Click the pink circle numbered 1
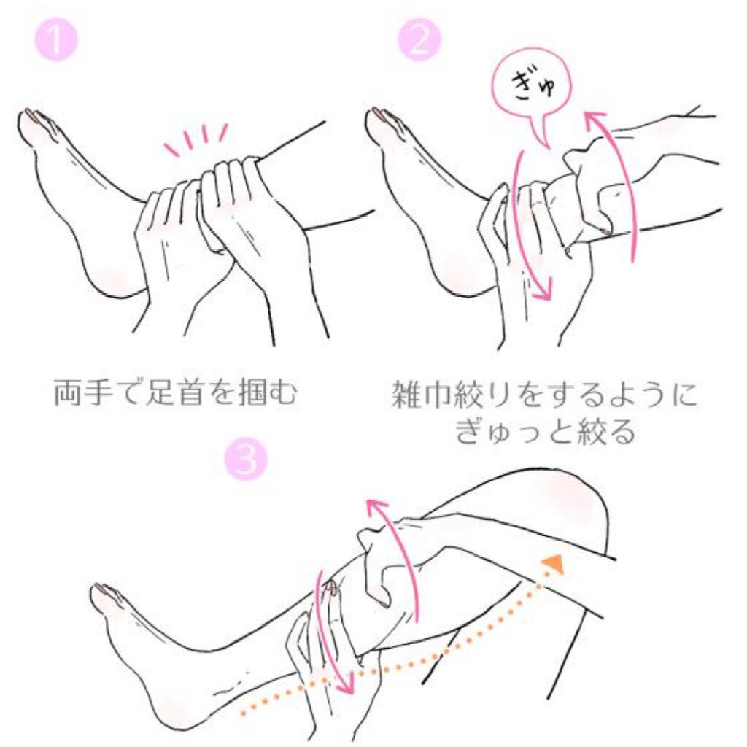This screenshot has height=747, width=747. (56, 39)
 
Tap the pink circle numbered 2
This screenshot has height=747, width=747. (419, 39)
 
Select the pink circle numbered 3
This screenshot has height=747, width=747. (246, 460)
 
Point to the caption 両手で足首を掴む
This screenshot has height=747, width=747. (176, 392)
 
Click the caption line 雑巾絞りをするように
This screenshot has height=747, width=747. (544, 395)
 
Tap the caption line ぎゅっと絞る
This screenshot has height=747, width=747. (545, 432)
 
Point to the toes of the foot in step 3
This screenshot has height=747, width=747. (108, 595)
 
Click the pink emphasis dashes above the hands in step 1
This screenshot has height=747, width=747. (196, 138)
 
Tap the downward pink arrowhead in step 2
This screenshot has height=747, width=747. (543, 289)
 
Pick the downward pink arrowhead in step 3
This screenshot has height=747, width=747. (346, 682)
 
